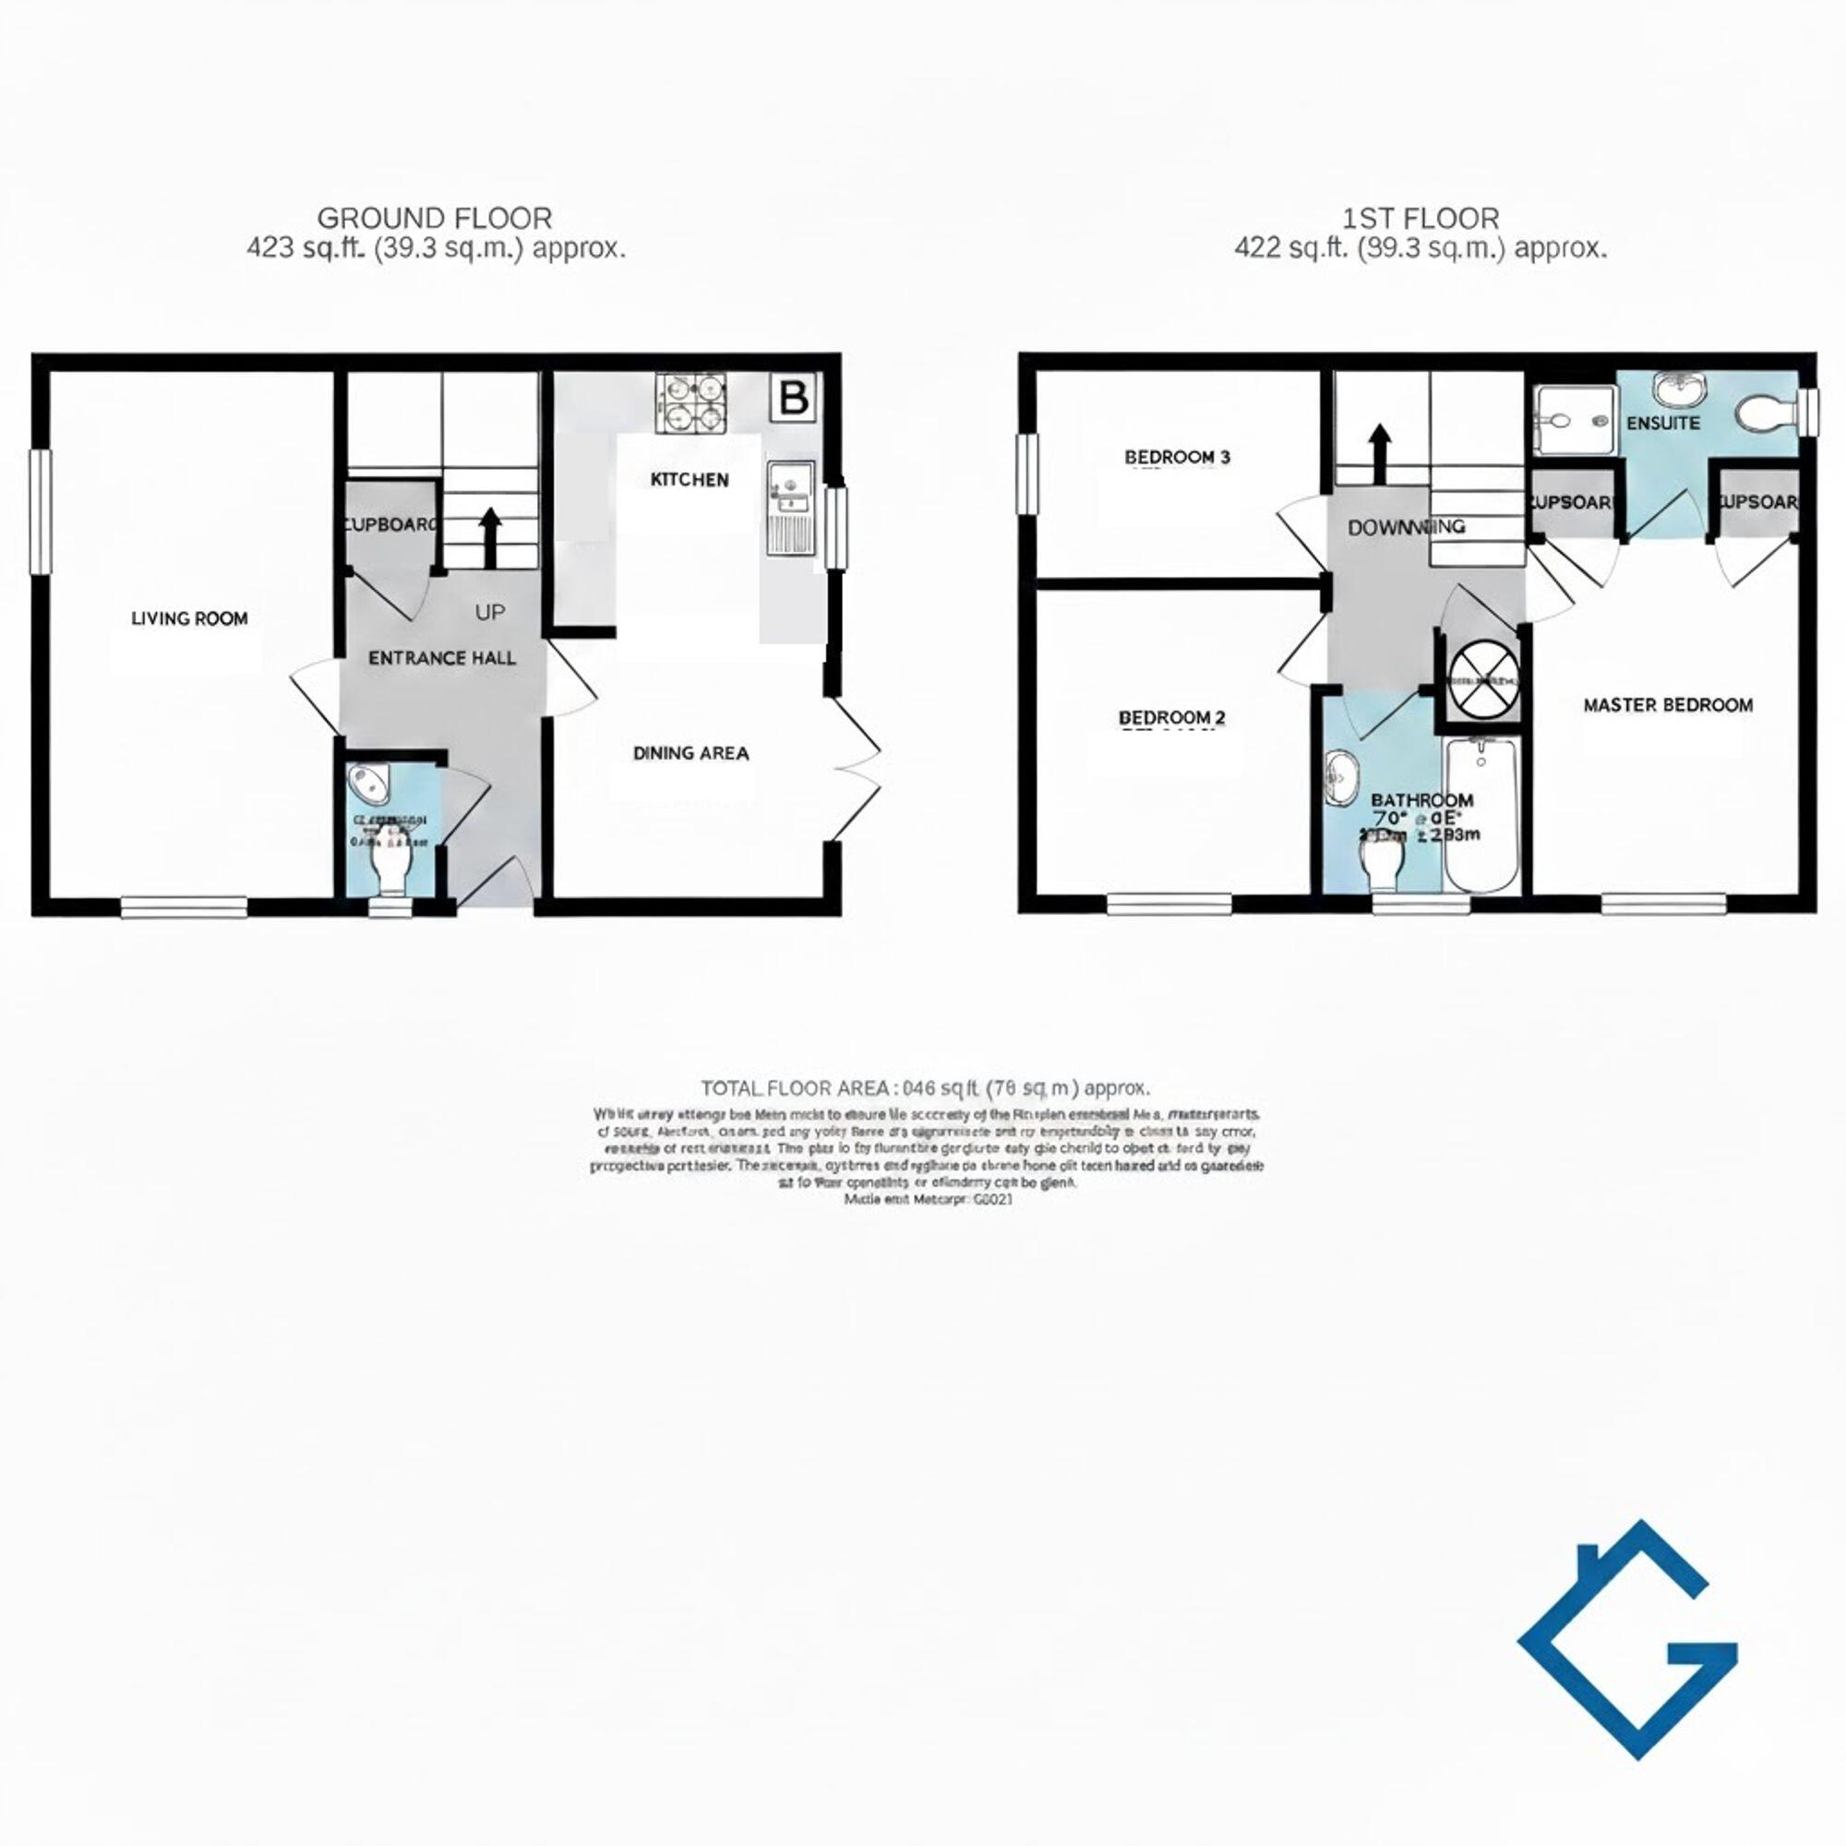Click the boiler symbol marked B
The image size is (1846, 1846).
point(794,397)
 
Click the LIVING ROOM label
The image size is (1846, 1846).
point(189,619)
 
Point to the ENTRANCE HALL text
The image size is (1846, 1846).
point(441,658)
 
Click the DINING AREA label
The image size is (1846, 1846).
point(690,754)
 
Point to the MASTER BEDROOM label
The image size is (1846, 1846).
point(1667,706)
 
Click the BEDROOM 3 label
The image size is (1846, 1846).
point(1177,458)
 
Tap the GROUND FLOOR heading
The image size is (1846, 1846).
point(435,219)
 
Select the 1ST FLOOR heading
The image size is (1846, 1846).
point(1420,219)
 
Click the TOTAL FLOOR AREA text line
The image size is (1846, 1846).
point(925,1088)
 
